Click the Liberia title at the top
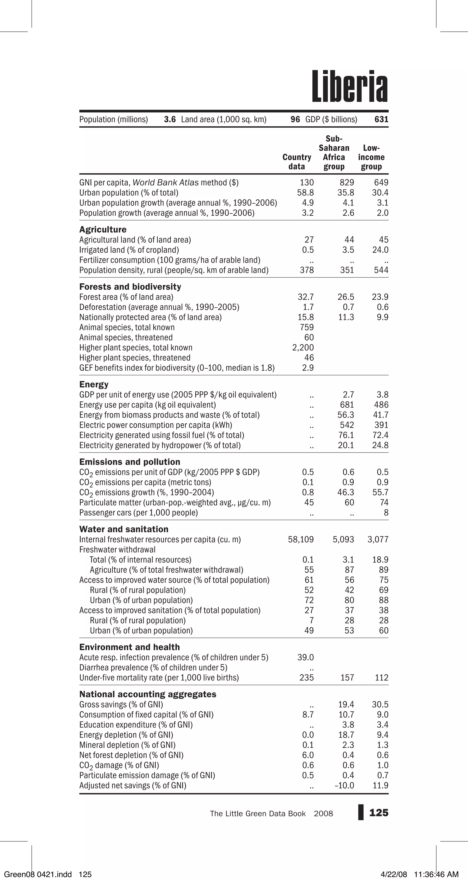click(x=350, y=86)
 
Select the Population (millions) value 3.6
click(x=170, y=119)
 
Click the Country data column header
click(x=297, y=162)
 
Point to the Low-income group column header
click(x=371, y=157)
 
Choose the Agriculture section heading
click(x=103, y=230)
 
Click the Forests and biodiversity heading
click(x=130, y=287)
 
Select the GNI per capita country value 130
click(x=307, y=183)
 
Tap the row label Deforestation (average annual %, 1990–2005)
click(x=159, y=307)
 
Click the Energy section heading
click(x=94, y=384)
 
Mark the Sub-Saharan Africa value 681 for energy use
click(x=347, y=405)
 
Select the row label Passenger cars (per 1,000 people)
click(x=138, y=513)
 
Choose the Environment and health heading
click(x=130, y=647)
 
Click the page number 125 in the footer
click(x=379, y=813)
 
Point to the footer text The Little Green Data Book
click(x=258, y=814)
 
